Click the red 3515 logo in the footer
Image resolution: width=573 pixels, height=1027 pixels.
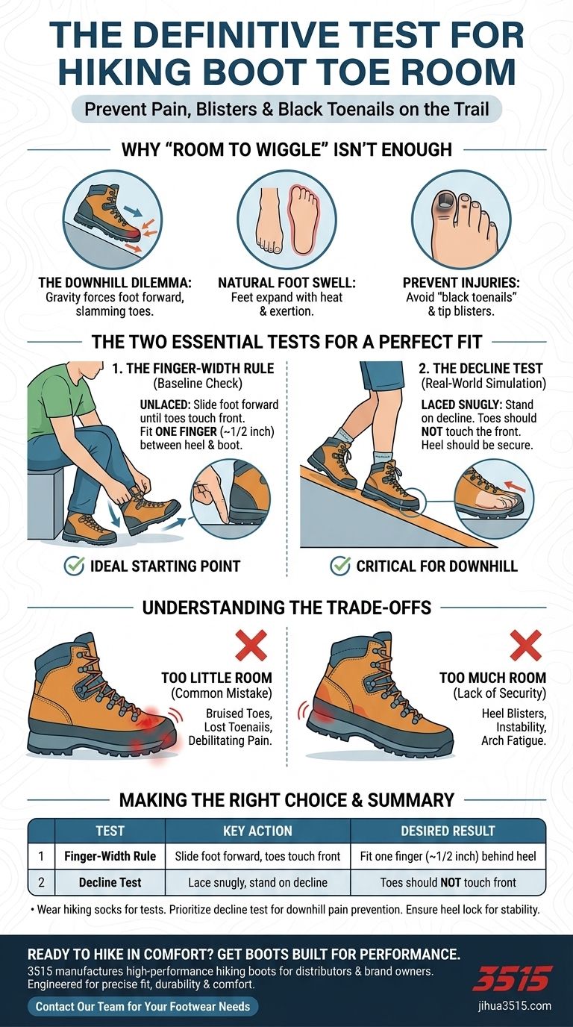tap(512, 978)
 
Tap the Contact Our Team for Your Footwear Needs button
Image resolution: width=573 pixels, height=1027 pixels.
tap(143, 1006)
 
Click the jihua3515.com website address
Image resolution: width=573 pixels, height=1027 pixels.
tap(514, 1006)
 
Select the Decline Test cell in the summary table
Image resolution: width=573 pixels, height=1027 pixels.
tap(110, 881)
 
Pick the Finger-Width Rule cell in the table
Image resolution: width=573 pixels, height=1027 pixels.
tap(110, 855)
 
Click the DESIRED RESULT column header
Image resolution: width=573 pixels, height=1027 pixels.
tap(448, 830)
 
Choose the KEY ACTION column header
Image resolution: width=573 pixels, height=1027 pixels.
tap(257, 830)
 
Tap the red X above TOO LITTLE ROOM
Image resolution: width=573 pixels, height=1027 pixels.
tap(251, 645)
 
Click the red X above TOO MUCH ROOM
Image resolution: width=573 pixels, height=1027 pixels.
tap(526, 645)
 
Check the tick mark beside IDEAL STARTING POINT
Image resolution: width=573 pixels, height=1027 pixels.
tap(75, 565)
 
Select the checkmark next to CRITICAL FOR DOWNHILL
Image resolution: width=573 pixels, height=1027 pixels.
tap(340, 565)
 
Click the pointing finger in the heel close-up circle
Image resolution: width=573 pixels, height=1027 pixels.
tap(212, 496)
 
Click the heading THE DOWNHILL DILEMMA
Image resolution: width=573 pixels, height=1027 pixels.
tap(115, 282)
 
